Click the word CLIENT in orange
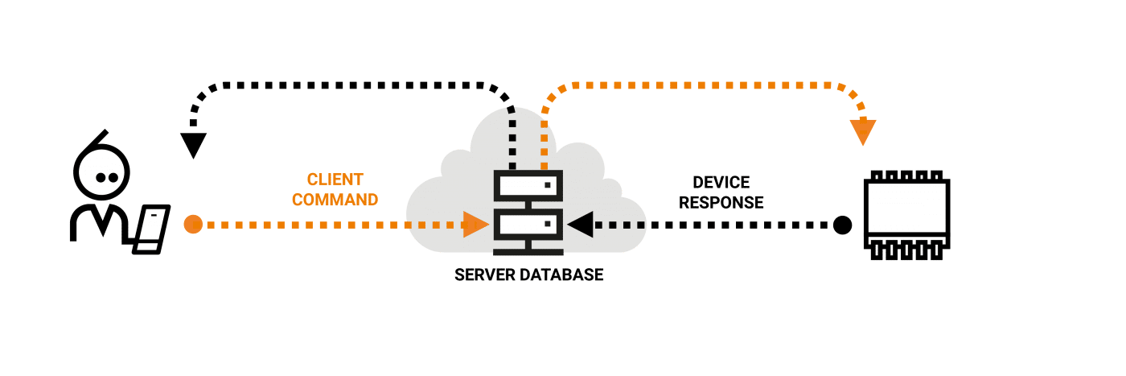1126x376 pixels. (335, 180)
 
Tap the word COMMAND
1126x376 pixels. (335, 200)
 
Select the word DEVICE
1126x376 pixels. (721, 182)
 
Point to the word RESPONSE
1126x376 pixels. (721, 202)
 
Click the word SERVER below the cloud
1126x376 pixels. (484, 275)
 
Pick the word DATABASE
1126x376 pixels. (561, 275)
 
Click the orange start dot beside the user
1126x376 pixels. (193, 224)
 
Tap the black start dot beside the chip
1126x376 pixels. (843, 225)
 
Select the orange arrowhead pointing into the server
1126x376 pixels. (475, 225)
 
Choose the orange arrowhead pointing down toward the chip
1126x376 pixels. (863, 132)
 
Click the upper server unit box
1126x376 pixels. (528, 186)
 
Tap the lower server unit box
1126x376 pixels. (528, 225)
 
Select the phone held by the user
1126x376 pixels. (151, 229)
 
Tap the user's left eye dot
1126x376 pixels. (101, 177)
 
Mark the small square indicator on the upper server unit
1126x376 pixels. (548, 184)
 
